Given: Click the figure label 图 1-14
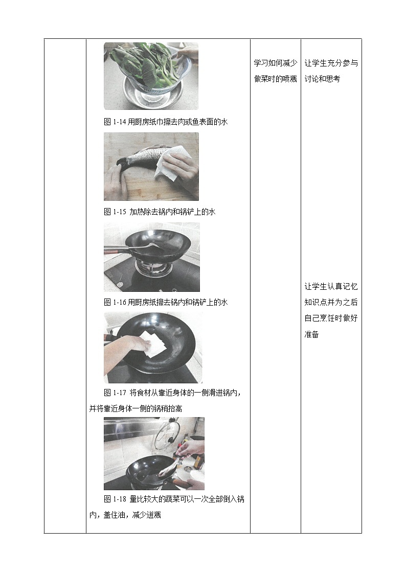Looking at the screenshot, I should tap(115, 122).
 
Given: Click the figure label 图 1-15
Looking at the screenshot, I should tap(115, 212).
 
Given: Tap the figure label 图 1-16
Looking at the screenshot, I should tap(115, 302).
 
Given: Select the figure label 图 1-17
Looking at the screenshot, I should tap(115, 393).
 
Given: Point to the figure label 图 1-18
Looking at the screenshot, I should tap(115, 499).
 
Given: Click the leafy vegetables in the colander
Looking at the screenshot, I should tap(148, 64).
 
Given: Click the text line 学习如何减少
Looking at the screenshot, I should tap(275, 63).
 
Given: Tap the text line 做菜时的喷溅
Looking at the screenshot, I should tap(275, 79).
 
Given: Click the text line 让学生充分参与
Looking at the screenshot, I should tap(331, 63).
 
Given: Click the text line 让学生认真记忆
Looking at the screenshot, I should tap(331, 287).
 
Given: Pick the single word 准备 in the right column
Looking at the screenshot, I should tap(312, 334).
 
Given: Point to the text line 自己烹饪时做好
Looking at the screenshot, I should tap(331, 318).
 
